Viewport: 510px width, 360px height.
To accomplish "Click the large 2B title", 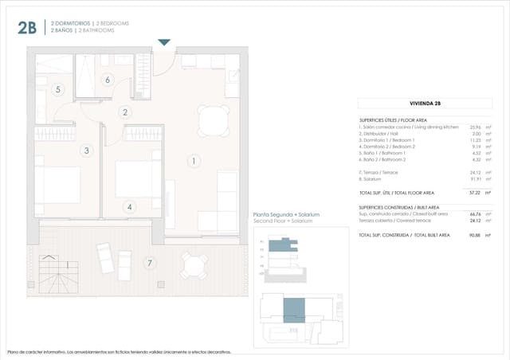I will click(26, 28).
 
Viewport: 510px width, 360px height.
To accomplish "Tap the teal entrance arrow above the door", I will click(164, 41).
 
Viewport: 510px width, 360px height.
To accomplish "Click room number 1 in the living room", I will click(193, 161).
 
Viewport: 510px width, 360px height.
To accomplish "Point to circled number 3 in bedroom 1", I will click(87, 150).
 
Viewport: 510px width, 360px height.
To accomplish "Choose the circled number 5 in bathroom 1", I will click(57, 90).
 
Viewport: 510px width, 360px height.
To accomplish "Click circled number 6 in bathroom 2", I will click(108, 79).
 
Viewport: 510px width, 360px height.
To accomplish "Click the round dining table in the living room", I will click(213, 122).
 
